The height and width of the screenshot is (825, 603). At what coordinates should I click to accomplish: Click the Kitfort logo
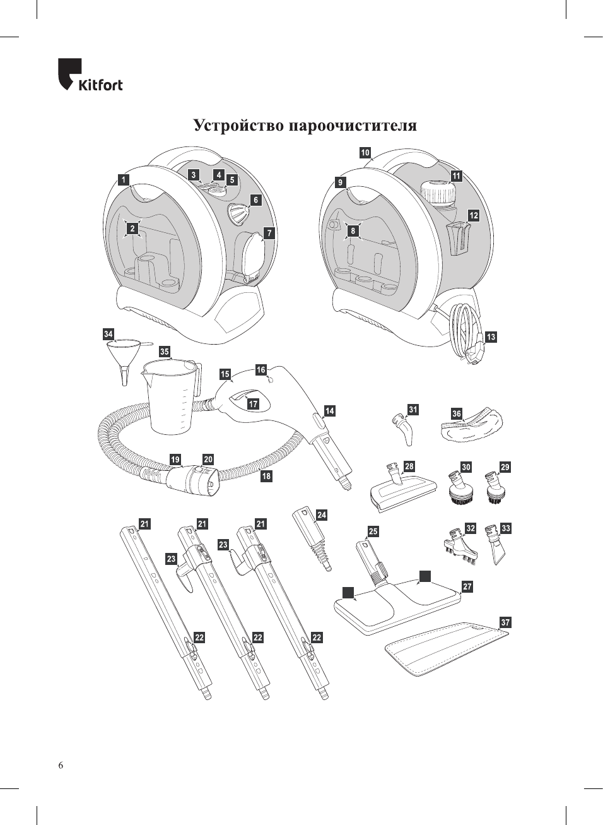(x=90, y=75)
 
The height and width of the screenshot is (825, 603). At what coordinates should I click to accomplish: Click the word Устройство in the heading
(x=238, y=125)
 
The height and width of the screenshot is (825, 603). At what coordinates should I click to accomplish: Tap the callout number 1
(x=124, y=180)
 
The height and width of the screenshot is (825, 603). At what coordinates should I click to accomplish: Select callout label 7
(x=269, y=234)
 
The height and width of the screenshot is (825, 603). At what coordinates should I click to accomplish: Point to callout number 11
(x=457, y=176)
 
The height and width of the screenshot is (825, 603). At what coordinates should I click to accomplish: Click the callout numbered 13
(x=491, y=337)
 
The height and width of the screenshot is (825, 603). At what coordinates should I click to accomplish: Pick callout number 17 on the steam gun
(x=253, y=405)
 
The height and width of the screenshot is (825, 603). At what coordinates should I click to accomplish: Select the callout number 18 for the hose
(x=266, y=476)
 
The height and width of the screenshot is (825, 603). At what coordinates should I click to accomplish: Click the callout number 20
(x=208, y=460)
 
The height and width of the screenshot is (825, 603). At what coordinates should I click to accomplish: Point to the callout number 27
(x=467, y=586)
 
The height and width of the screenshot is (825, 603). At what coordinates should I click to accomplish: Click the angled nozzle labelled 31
(x=402, y=427)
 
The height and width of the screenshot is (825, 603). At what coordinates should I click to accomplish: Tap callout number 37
(x=505, y=622)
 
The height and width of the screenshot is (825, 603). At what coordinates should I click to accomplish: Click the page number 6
(x=61, y=766)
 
